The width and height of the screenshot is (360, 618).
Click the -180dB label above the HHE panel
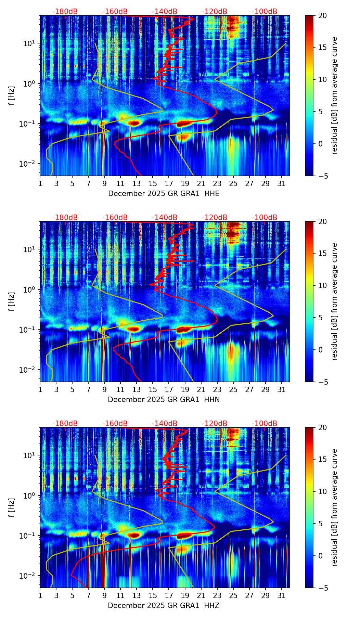click(65, 12)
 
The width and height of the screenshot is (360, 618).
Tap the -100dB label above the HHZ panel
click(265, 424)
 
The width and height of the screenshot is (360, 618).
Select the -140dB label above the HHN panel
click(165, 218)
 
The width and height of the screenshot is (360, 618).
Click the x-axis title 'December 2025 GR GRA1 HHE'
click(164, 194)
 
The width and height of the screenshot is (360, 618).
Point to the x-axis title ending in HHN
click(164, 400)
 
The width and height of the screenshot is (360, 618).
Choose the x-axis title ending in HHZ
click(164, 606)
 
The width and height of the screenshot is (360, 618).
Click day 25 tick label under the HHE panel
click(233, 184)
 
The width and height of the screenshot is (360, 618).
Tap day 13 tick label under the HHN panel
click(137, 390)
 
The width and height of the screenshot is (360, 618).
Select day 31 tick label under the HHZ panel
click(281, 596)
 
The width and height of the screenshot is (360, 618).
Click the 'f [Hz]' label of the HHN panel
click(12, 301)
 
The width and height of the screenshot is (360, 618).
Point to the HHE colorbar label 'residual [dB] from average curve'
click(334, 95)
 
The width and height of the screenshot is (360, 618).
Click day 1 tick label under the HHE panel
click(40, 184)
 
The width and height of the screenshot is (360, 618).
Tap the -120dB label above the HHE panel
click(215, 12)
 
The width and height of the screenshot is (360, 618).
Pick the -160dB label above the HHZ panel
click(115, 424)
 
